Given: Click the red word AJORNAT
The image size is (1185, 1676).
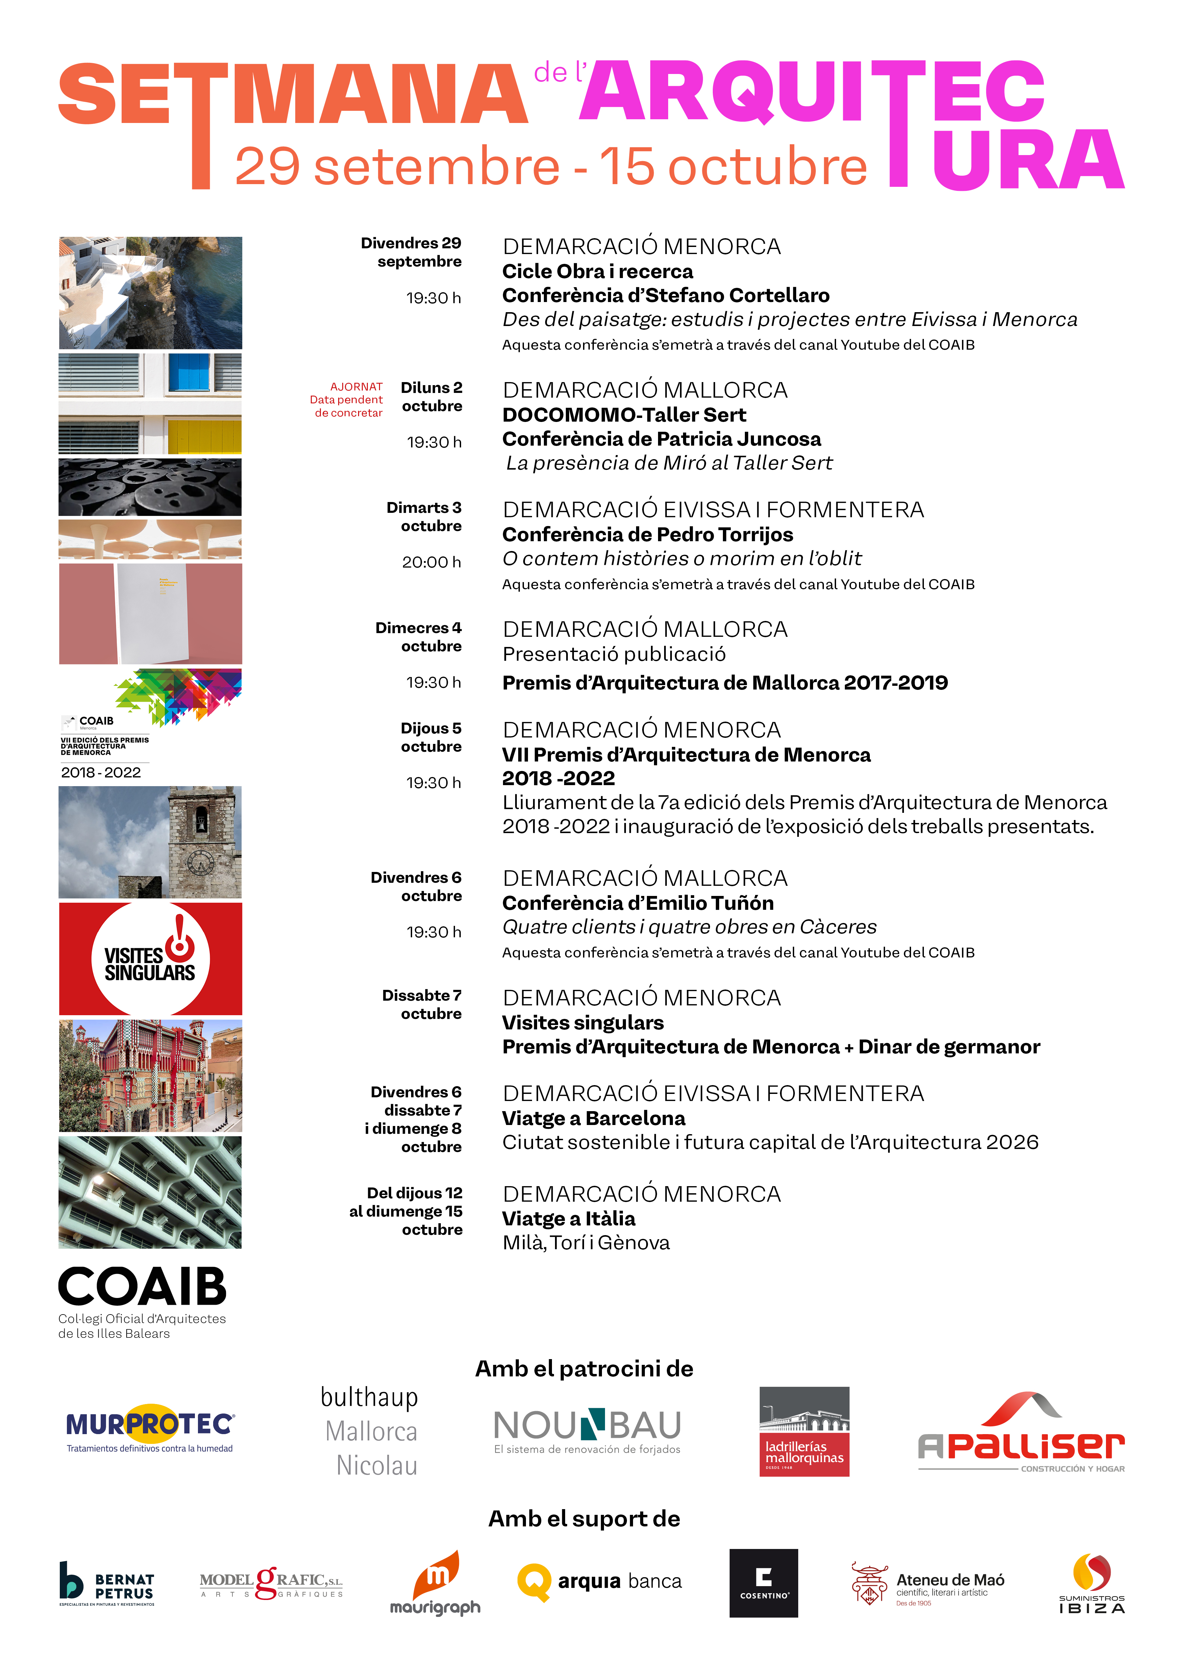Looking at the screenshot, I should pyautogui.click(x=356, y=387).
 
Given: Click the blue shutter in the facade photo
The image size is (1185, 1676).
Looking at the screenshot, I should pyautogui.click(x=189, y=372).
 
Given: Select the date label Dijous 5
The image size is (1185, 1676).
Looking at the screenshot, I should pyautogui.click(x=430, y=728).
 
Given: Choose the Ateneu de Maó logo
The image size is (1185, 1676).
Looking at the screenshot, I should pyautogui.click(x=928, y=1584).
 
